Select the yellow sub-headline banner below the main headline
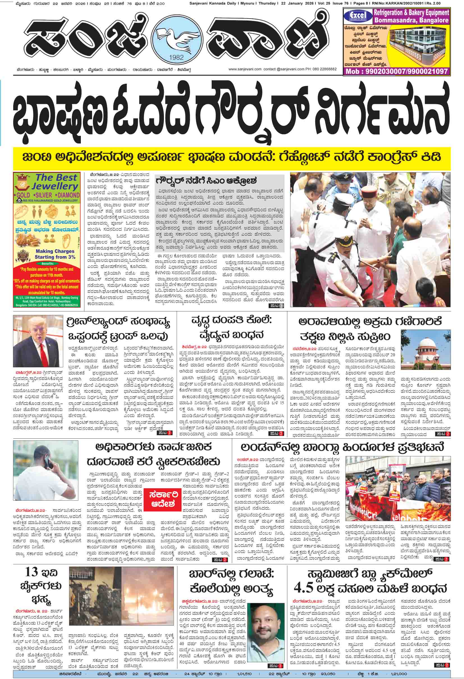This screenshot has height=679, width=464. [x=232, y=158]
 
